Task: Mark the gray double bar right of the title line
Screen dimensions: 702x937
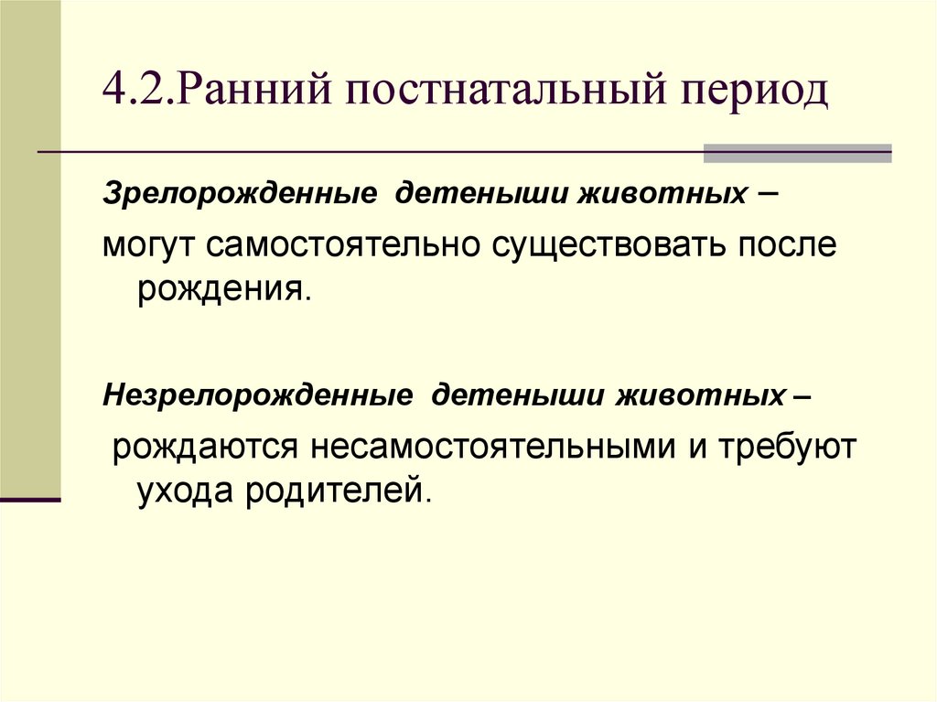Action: coord(797,153)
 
